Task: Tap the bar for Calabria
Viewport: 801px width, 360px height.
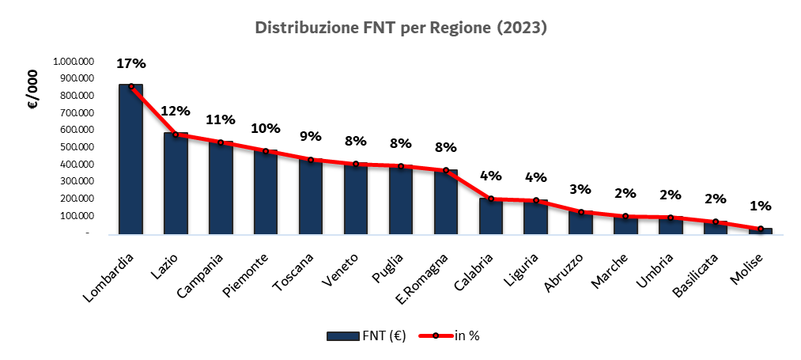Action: (491, 216)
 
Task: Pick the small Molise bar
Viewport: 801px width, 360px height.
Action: (761, 230)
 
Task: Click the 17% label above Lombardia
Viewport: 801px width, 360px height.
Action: (130, 63)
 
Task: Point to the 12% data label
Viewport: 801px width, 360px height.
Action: (176, 111)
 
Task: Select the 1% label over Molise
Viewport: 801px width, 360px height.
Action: (761, 206)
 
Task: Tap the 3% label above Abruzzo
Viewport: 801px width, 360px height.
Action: (581, 189)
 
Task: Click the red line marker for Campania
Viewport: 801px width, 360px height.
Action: (221, 142)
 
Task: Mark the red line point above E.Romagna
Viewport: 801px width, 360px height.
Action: (446, 170)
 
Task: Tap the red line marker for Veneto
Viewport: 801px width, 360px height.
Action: (356, 164)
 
